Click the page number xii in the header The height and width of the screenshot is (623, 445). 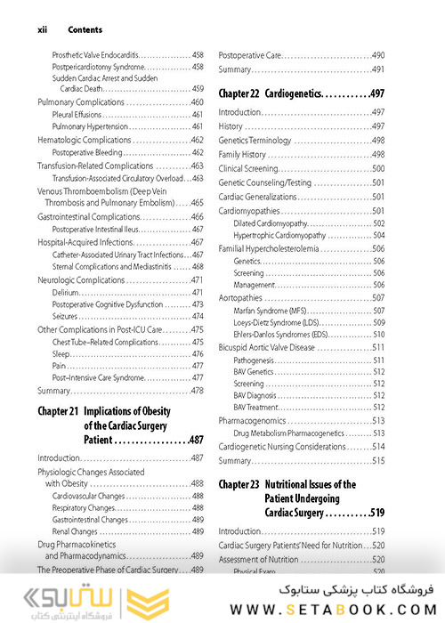point(42,28)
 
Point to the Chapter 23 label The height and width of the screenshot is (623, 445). point(239,485)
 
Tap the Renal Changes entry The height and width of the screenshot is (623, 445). point(76,531)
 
